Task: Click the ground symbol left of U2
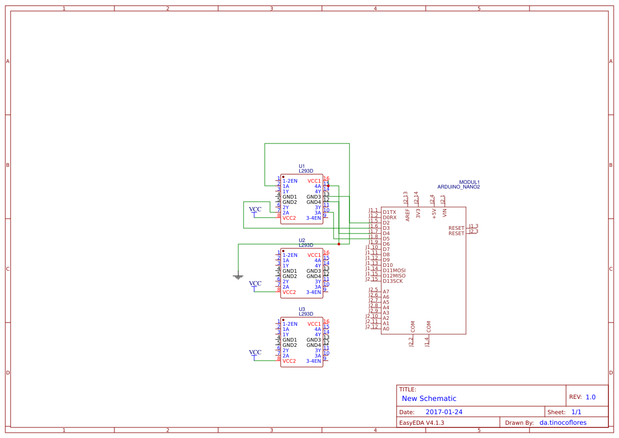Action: pyautogui.click(x=238, y=276)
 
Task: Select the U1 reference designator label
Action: pyautogui.click(x=302, y=166)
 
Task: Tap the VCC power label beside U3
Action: pyautogui.click(x=255, y=352)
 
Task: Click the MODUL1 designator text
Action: pyautogui.click(x=469, y=182)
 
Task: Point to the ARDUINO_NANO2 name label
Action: pyautogui.click(x=459, y=187)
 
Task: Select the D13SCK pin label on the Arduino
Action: pyautogui.click(x=392, y=281)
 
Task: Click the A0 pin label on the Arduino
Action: pyautogui.click(x=386, y=328)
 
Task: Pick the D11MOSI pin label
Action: pyautogui.click(x=394, y=270)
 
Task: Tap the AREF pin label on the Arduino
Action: pyautogui.click(x=408, y=214)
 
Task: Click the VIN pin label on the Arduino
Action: pyautogui.click(x=445, y=213)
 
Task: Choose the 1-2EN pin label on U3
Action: pyautogui.click(x=290, y=324)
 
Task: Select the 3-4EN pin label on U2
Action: pyautogui.click(x=313, y=292)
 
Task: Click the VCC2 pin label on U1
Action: pyautogui.click(x=289, y=218)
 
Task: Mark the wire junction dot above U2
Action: pyautogui.click(x=339, y=244)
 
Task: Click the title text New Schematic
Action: pyautogui.click(x=429, y=398)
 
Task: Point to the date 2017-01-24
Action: pyautogui.click(x=444, y=412)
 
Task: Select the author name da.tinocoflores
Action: pyautogui.click(x=566, y=423)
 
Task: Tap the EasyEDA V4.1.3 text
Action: pyautogui.click(x=421, y=423)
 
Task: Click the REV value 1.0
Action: pyautogui.click(x=590, y=397)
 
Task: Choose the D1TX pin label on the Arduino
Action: pyautogui.click(x=389, y=212)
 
